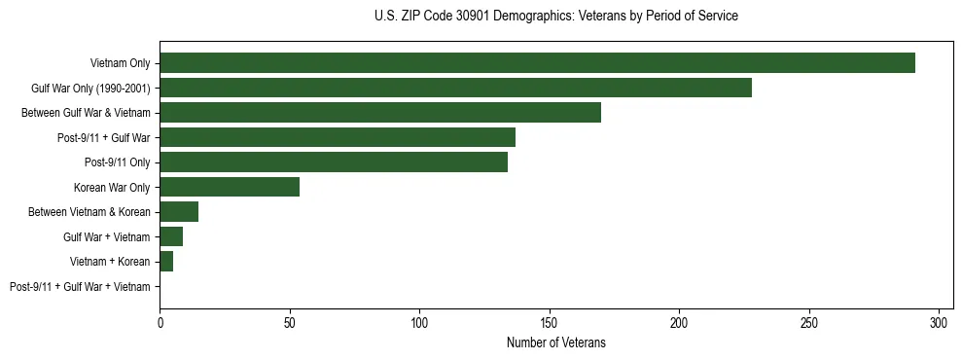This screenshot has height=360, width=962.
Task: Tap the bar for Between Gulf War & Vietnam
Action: point(380,113)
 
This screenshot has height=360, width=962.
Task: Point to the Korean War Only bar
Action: point(230,187)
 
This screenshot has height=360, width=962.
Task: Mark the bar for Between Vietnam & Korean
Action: point(179,212)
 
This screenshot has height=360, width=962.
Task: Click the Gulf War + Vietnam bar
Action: point(171,236)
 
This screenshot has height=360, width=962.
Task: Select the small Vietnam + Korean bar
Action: point(166,262)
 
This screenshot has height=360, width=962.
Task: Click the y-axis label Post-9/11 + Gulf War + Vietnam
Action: point(80,287)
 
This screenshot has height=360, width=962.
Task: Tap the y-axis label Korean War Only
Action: point(112,188)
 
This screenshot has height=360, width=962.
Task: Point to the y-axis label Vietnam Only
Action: point(121,64)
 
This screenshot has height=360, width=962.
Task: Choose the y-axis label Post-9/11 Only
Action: point(118,162)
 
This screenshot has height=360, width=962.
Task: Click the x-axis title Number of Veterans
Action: point(555,342)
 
